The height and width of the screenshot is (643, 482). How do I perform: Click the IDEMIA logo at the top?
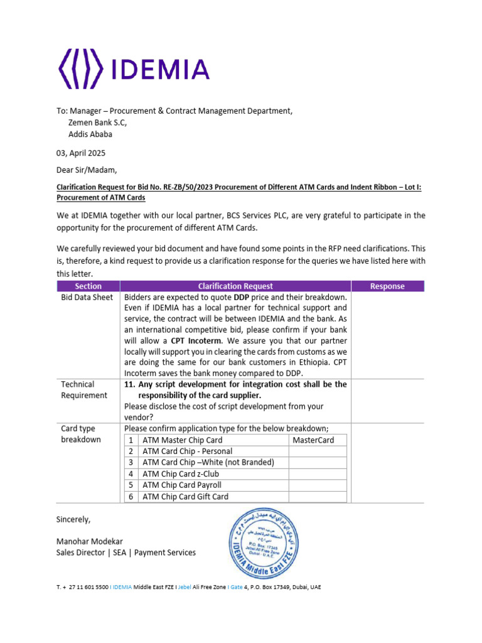(x=133, y=68)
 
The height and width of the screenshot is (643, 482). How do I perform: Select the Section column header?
(x=88, y=286)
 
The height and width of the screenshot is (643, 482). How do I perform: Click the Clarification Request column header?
(x=235, y=286)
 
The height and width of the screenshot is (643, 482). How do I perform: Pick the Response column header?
(x=387, y=286)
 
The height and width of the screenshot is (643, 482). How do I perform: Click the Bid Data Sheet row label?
(x=87, y=298)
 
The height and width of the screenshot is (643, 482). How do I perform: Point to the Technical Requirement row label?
(x=84, y=389)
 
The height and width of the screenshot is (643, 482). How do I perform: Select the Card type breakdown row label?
(x=81, y=434)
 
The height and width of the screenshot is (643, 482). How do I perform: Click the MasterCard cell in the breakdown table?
(x=313, y=440)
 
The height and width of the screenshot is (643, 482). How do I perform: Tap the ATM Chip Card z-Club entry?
(x=181, y=474)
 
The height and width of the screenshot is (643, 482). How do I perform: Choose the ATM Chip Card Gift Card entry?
(x=185, y=497)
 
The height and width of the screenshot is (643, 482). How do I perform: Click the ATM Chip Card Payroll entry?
(x=182, y=485)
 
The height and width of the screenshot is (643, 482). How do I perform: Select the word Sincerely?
(x=73, y=519)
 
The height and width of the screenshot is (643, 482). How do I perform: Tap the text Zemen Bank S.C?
(x=97, y=122)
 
